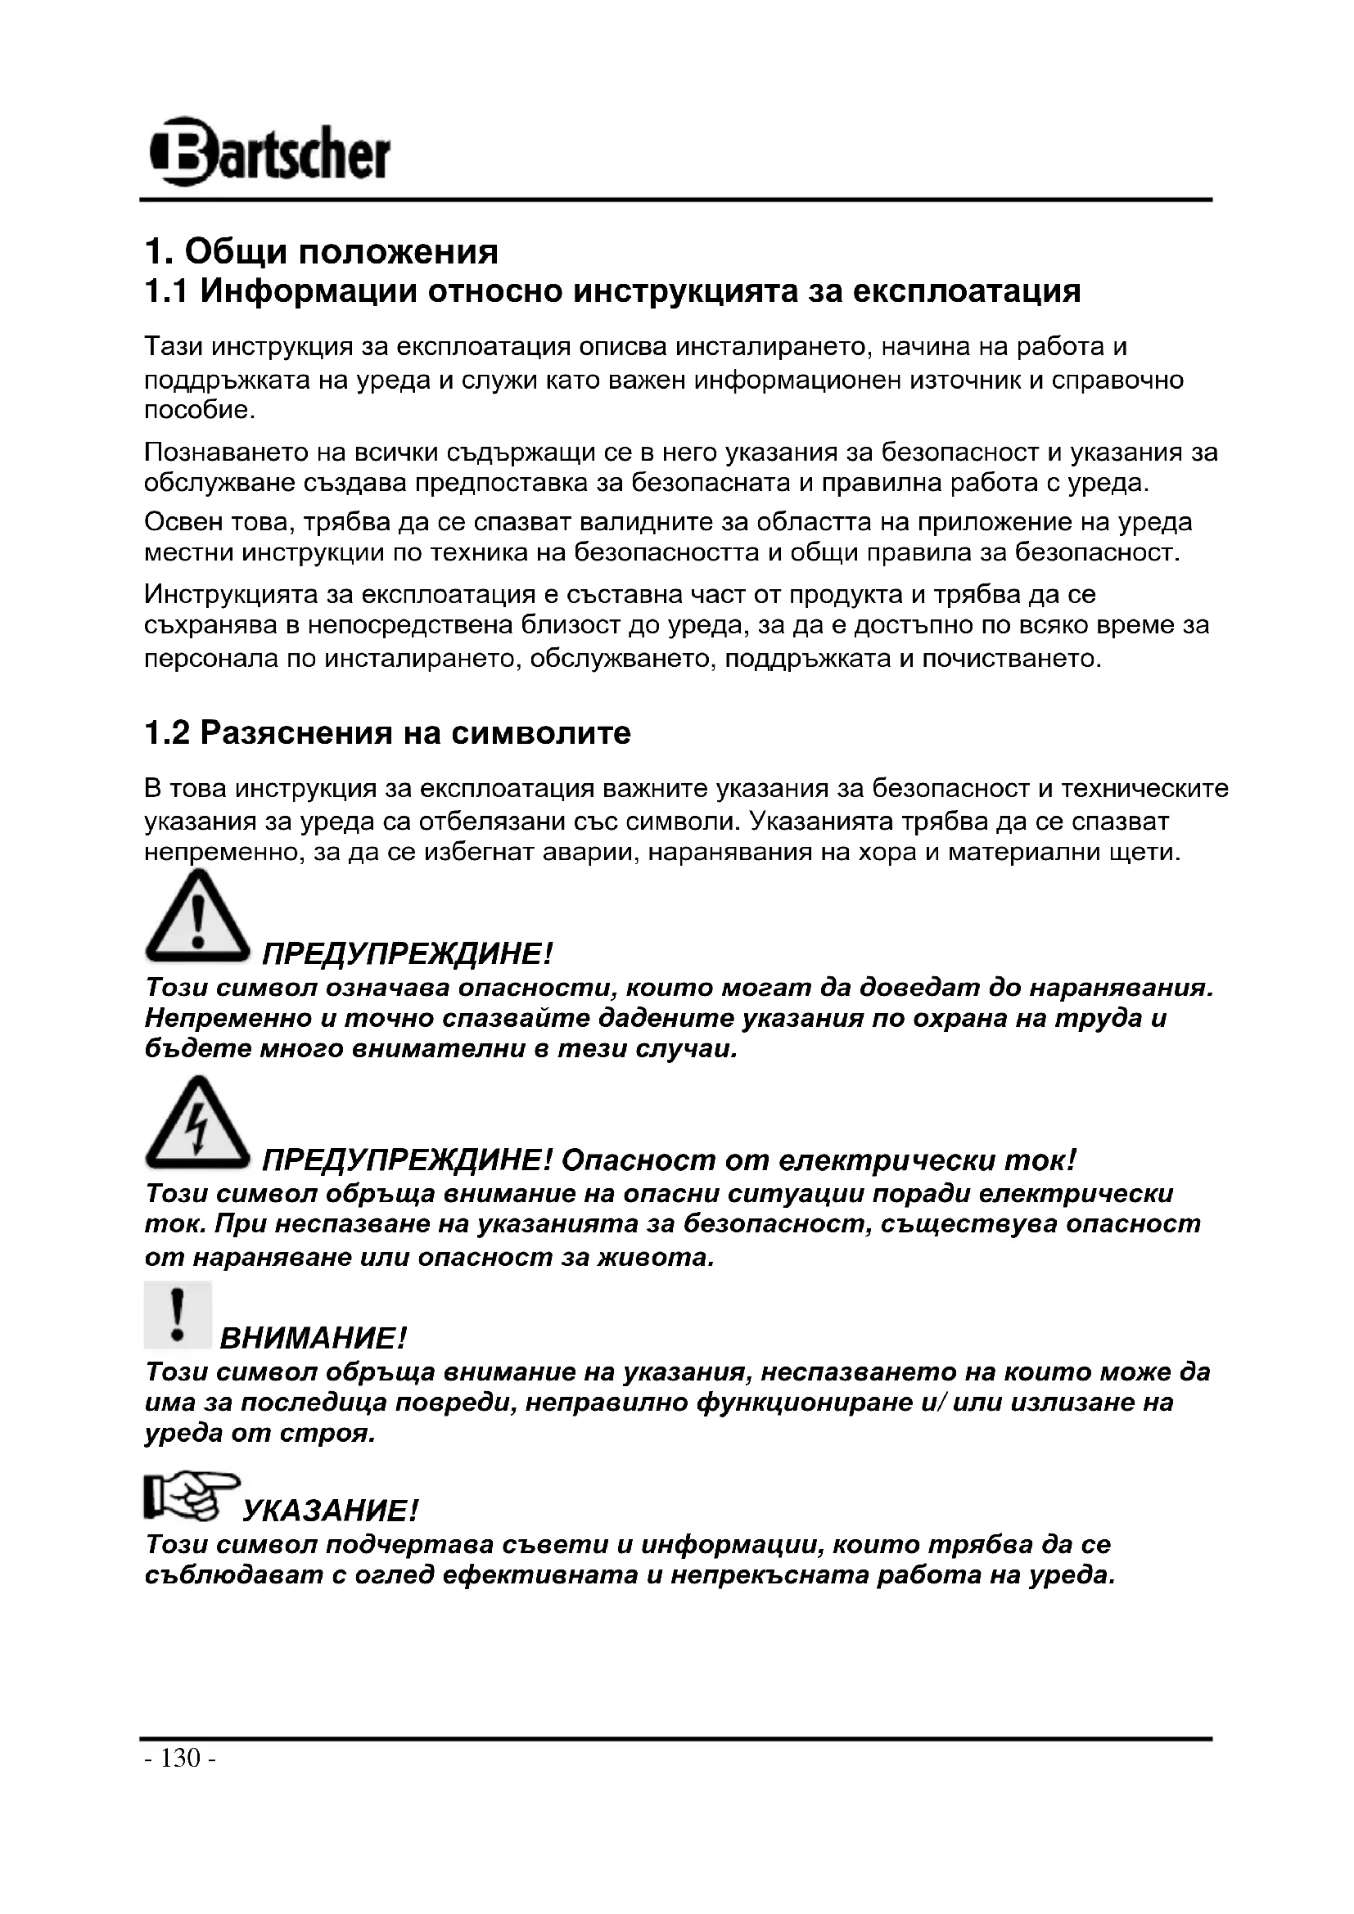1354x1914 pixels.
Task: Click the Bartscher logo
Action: pos(269,151)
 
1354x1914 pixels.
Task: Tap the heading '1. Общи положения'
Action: pos(321,251)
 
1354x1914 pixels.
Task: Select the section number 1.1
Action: pos(166,292)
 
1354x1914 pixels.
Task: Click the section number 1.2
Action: pos(167,733)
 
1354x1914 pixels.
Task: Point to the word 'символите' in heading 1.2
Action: pos(541,733)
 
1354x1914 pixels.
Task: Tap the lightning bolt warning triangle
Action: pos(197,1124)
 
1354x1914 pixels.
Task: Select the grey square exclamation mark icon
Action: pos(178,1316)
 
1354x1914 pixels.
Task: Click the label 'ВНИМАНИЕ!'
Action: pos(313,1340)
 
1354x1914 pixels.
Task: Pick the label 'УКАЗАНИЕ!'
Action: pos(329,1511)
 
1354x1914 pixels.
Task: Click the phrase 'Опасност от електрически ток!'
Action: pos(819,1160)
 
